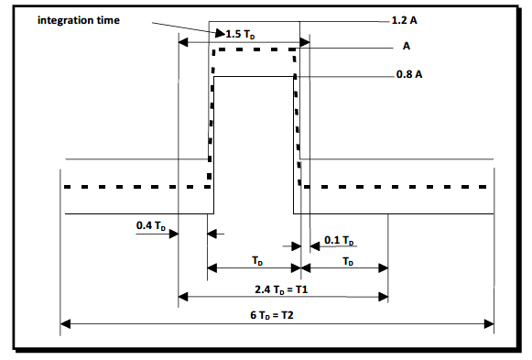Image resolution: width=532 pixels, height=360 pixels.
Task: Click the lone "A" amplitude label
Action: tap(405, 46)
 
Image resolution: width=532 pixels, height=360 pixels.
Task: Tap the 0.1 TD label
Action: tap(339, 241)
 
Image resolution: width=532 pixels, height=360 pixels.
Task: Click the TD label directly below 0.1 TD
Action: tap(347, 261)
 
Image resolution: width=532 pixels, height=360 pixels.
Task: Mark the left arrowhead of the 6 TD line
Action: tap(64, 322)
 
